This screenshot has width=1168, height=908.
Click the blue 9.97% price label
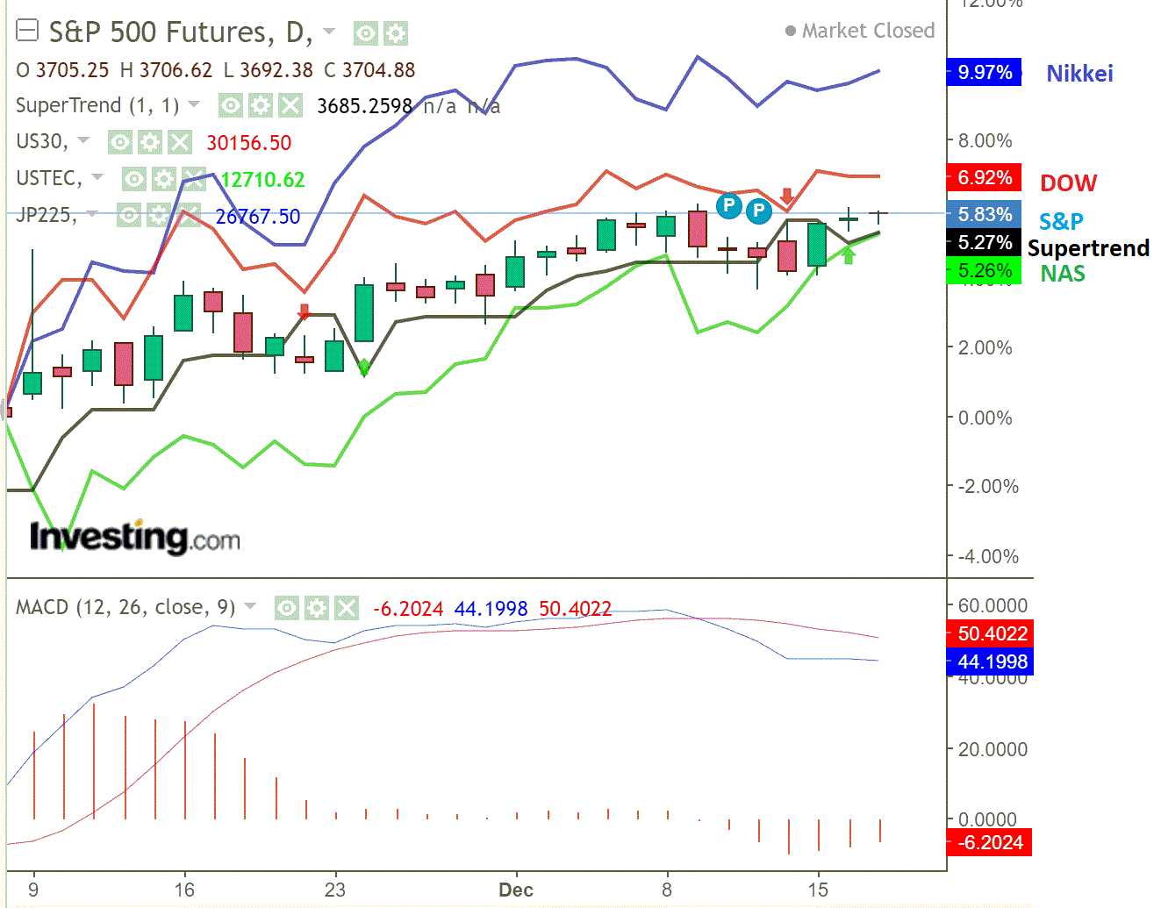pos(984,72)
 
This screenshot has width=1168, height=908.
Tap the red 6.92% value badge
pos(984,178)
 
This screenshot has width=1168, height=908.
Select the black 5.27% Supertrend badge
pos(984,243)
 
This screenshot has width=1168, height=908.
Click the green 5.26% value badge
pos(984,271)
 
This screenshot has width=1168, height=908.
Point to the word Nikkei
pos(1079,74)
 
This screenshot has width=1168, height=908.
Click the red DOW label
pos(1068,182)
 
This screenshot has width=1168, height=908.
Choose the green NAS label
pos(1063,274)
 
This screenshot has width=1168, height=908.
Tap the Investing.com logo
pos(134,536)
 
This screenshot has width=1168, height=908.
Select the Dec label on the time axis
pos(516,890)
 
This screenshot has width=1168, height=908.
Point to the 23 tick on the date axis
pos(335,890)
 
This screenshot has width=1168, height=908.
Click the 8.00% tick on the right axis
pos(985,140)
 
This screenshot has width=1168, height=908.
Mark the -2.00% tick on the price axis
pos(988,487)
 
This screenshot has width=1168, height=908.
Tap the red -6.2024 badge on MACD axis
pos(991,843)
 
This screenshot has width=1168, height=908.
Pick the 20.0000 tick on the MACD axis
pos(992,749)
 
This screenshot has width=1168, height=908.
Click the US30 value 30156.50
pos(248,143)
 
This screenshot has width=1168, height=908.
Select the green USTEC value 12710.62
pos(262,180)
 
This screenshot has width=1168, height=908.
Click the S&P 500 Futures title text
pos(180,32)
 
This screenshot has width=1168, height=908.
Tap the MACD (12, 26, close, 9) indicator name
pos(125,607)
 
